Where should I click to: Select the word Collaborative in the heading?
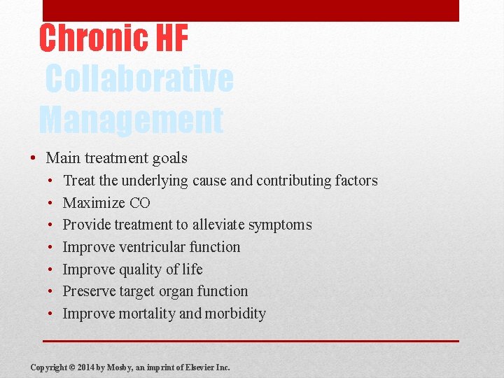139,79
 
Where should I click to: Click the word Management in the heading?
131,120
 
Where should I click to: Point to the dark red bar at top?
251,10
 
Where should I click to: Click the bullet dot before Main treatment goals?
34,159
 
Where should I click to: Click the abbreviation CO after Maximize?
139,203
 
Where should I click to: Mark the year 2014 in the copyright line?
85,367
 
